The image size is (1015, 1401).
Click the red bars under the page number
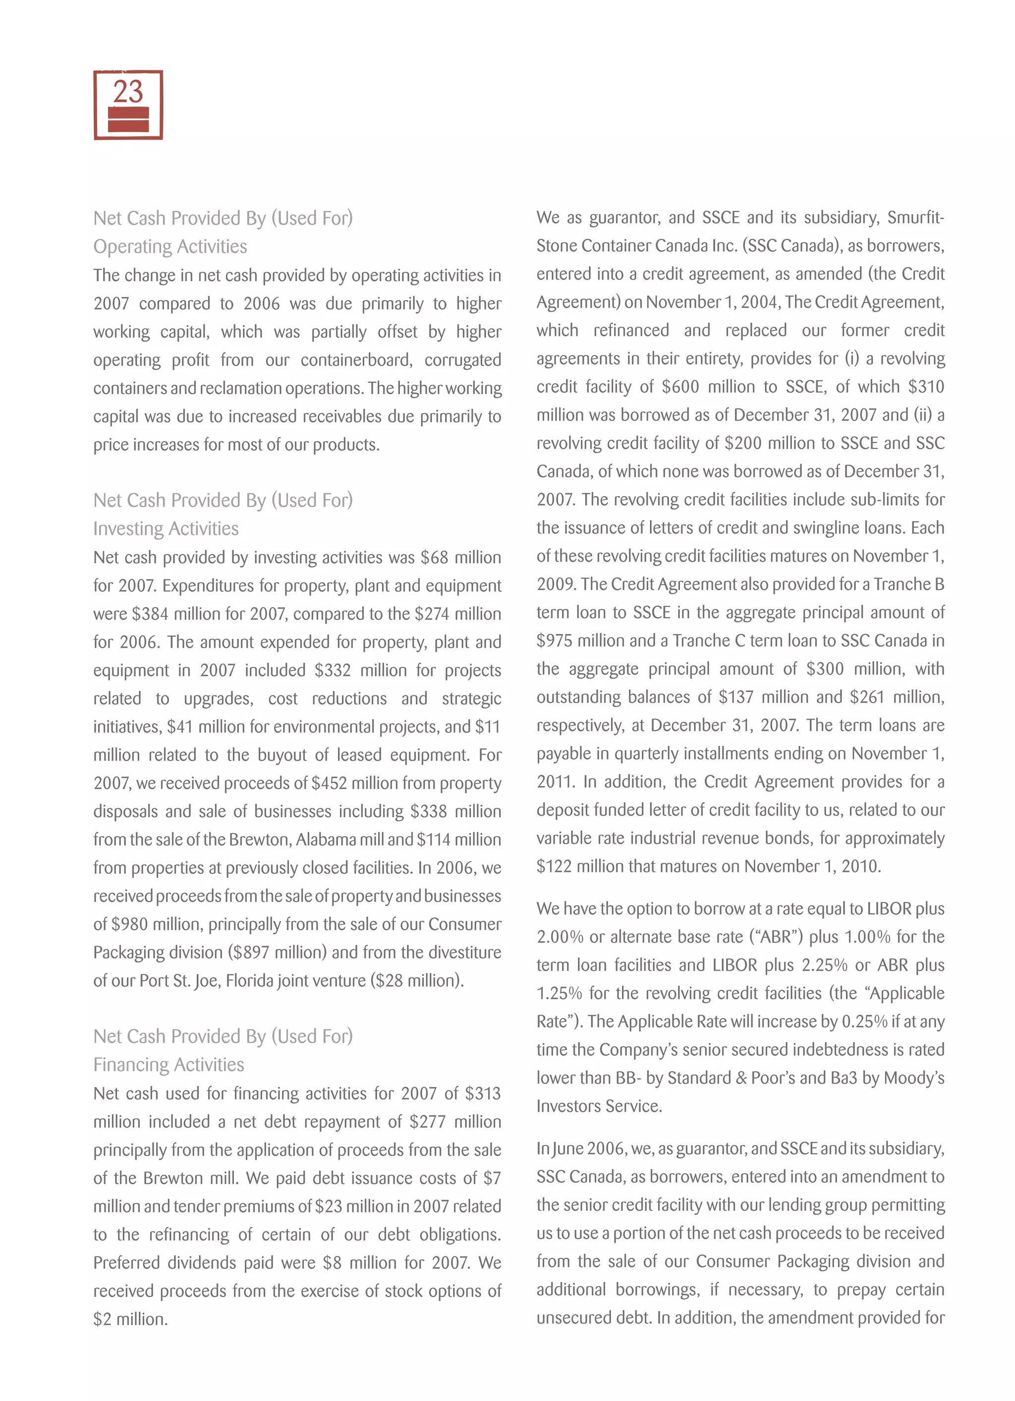pyautogui.click(x=128, y=119)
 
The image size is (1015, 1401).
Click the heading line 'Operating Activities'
pyautogui.click(x=170, y=246)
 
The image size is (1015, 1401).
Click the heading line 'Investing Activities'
pyautogui.click(x=166, y=529)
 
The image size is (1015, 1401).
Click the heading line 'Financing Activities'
pyautogui.click(x=169, y=1064)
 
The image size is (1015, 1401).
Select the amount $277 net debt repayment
pyautogui.click(x=427, y=1122)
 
